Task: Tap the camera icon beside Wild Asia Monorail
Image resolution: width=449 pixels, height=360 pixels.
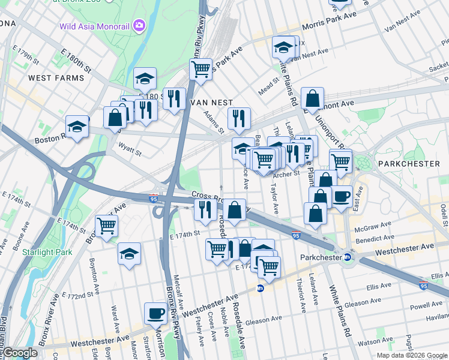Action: tap(140, 25)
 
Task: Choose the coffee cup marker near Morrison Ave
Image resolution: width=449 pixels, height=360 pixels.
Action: tap(156, 313)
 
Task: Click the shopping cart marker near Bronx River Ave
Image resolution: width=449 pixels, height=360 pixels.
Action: tap(107, 226)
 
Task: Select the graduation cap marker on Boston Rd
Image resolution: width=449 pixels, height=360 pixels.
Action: tap(77, 126)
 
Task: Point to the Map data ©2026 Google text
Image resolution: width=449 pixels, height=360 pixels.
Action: tap(411, 355)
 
